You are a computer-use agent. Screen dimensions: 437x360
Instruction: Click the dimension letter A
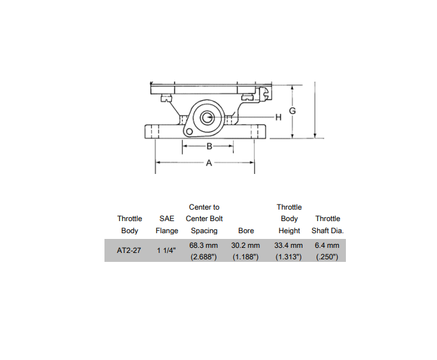point(209,163)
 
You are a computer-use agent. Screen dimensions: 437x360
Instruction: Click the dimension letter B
point(210,146)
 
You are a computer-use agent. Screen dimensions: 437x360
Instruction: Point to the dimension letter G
point(292,111)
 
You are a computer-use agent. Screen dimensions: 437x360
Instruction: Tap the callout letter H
point(278,117)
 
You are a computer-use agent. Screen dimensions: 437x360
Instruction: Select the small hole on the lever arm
point(189,131)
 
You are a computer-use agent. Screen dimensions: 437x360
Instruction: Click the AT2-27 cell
point(129,250)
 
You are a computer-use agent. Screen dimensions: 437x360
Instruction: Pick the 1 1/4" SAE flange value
point(166,250)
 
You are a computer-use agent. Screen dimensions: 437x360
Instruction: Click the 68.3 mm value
point(204,245)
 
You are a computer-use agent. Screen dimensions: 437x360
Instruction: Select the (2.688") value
point(204,257)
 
